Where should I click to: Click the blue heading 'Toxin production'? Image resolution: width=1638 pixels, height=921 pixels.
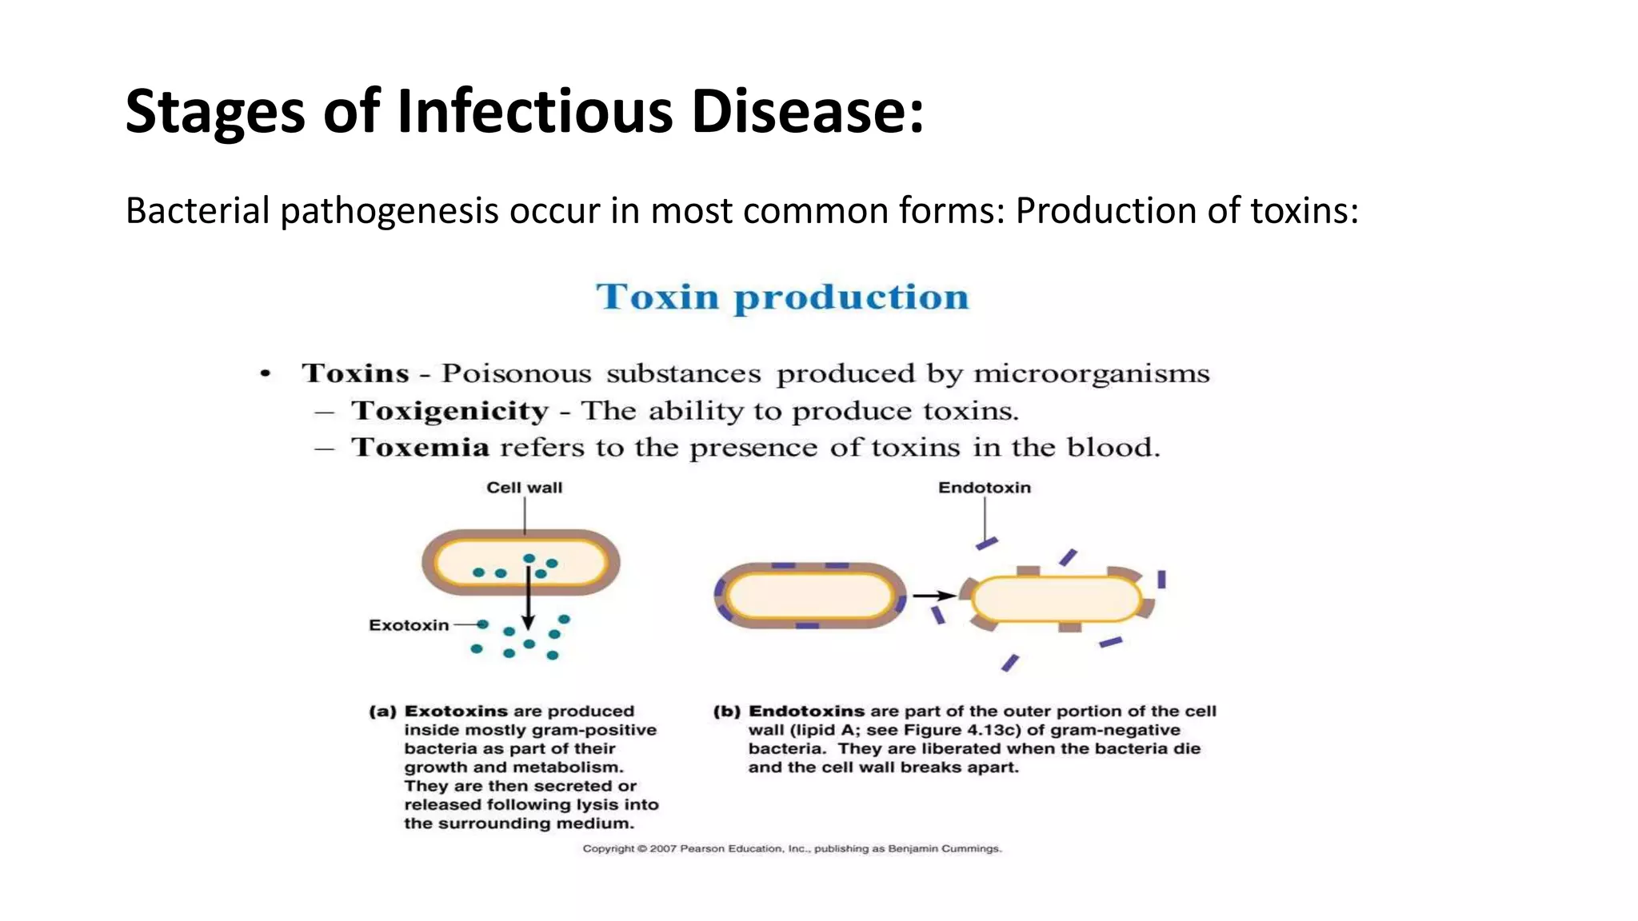click(x=782, y=297)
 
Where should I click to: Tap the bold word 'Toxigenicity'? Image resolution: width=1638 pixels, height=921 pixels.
click(x=450, y=411)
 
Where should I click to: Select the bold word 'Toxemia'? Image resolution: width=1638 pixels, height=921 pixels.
click(x=421, y=448)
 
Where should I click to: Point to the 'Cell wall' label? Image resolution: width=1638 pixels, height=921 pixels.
click(x=524, y=488)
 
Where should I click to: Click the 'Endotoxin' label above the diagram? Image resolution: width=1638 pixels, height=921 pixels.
click(x=984, y=488)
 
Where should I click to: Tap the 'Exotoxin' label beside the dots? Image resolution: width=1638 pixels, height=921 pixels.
click(x=409, y=625)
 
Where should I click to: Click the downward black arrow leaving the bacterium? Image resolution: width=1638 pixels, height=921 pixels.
click(x=528, y=600)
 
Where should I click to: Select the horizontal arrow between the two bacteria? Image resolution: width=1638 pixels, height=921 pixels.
click(x=933, y=596)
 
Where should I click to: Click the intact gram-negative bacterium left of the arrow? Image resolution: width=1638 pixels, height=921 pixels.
click(x=809, y=596)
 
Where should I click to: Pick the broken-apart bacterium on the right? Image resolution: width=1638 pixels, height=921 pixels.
click(x=1057, y=599)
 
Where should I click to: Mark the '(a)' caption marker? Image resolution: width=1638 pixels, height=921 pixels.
click(x=382, y=712)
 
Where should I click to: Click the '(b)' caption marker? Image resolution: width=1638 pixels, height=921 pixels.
click(x=726, y=712)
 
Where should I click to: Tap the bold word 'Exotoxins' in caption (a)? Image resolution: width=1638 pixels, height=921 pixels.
click(x=456, y=712)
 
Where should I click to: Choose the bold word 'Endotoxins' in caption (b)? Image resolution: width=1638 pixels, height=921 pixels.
click(x=806, y=712)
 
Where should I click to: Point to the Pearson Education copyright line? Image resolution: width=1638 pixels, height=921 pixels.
click(x=792, y=848)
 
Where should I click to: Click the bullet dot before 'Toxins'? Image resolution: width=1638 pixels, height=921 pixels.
click(x=266, y=373)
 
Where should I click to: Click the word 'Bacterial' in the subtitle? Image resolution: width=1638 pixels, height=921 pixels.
click(x=198, y=211)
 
